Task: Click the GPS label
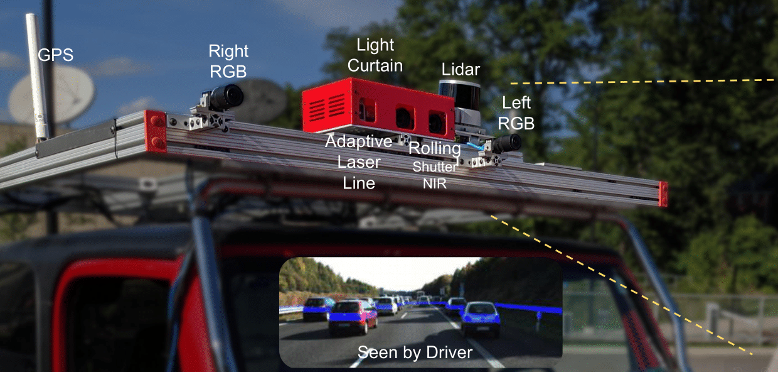(56, 55)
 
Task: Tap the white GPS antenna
(37, 77)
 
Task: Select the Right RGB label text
(228, 61)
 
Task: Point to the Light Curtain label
(375, 55)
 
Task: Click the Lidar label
(461, 70)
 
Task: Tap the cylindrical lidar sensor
(459, 94)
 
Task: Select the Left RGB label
(516, 113)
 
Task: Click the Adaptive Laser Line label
(359, 162)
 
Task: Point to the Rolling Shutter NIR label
(435, 165)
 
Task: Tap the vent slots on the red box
(327, 106)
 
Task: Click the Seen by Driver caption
(415, 353)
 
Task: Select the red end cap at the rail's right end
(663, 194)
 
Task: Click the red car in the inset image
(353, 317)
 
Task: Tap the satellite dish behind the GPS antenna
(52, 95)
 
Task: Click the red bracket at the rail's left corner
(156, 131)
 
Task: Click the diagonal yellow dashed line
(622, 285)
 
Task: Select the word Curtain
(375, 65)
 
